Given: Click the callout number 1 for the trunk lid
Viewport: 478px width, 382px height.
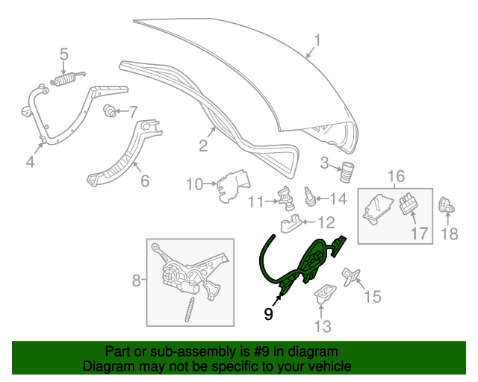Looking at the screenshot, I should (x=317, y=41).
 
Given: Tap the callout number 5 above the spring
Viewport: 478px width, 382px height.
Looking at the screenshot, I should (x=64, y=54).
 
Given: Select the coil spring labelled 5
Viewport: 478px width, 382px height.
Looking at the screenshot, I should (x=66, y=78).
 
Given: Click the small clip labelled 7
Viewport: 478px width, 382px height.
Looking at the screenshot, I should (x=110, y=112).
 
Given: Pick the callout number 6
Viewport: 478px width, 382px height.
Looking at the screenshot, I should (x=144, y=180).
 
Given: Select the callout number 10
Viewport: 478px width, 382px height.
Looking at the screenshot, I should (x=193, y=183).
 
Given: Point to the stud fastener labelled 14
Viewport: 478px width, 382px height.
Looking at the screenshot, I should (x=308, y=198).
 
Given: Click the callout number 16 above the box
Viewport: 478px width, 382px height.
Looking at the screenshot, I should (x=396, y=176).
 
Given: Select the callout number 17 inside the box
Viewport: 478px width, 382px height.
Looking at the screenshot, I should (x=420, y=233).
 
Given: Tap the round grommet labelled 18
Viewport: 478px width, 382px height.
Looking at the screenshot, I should (x=447, y=204).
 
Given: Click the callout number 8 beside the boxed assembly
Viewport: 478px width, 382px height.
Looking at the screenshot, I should (x=136, y=281).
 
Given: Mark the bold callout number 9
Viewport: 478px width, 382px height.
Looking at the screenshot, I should (x=268, y=314).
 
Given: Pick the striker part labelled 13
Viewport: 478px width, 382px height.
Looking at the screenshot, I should (x=323, y=292).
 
